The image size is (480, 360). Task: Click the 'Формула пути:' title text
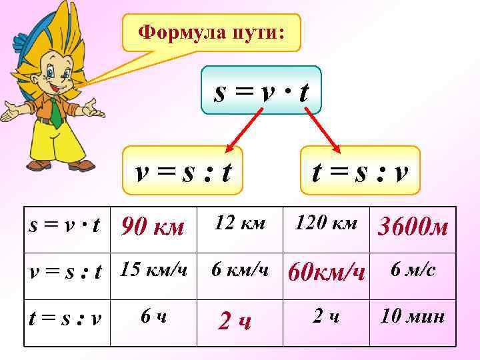(x=211, y=31)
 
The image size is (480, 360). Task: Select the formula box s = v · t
(x=261, y=92)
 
